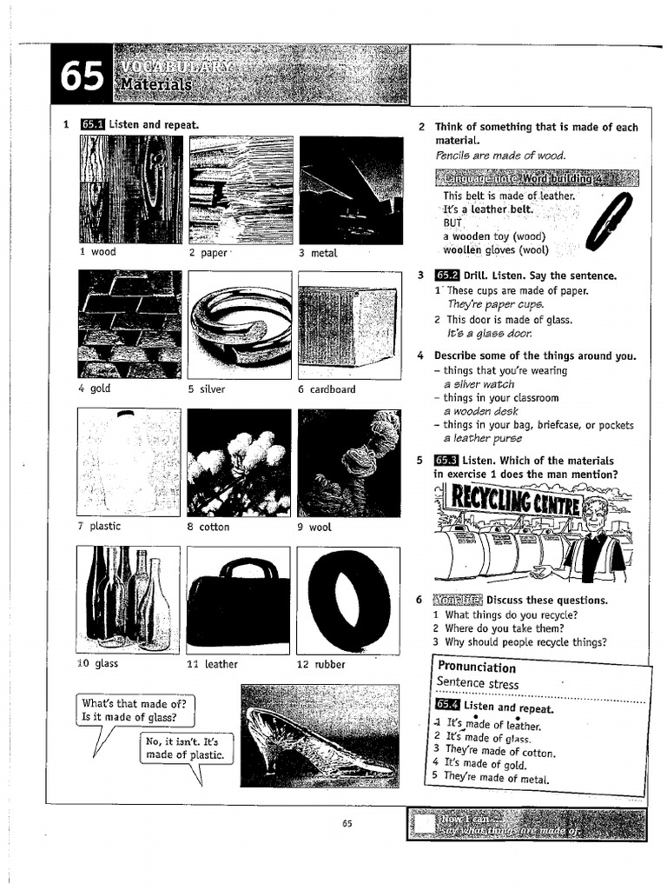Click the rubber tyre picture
click(x=348, y=601)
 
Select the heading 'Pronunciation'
click(x=477, y=667)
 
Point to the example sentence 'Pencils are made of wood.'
click(x=500, y=156)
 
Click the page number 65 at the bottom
click(x=347, y=824)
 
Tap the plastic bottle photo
click(x=129, y=462)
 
